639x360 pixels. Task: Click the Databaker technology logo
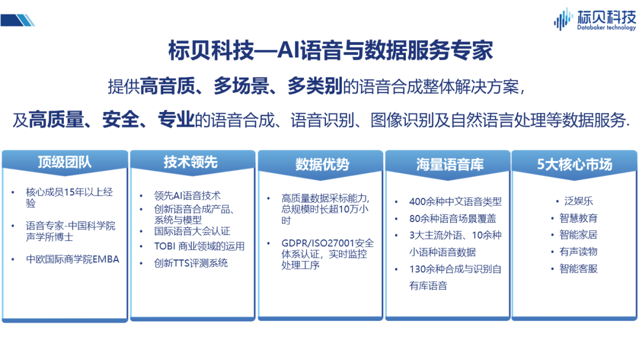[595, 19]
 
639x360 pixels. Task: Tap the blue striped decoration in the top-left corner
[18, 20]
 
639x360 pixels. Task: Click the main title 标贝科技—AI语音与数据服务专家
[331, 50]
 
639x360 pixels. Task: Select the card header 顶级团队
[65, 162]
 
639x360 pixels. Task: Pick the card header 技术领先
[191, 162]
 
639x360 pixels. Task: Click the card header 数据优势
[322, 164]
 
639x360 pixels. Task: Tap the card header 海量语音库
[450, 164]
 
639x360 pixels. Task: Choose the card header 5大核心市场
[575, 164]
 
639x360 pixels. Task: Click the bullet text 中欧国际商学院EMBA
[73, 259]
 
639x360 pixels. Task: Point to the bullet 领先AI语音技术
[188, 196]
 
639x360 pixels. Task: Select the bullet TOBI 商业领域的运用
[199, 246]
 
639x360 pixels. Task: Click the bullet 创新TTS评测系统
[191, 263]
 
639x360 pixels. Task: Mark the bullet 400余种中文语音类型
[455, 201]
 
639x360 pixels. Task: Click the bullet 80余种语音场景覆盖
[453, 218]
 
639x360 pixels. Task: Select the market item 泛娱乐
[579, 201]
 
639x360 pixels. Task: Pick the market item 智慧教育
[578, 218]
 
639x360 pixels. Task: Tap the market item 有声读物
[578, 252]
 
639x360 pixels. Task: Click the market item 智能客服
[578, 269]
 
